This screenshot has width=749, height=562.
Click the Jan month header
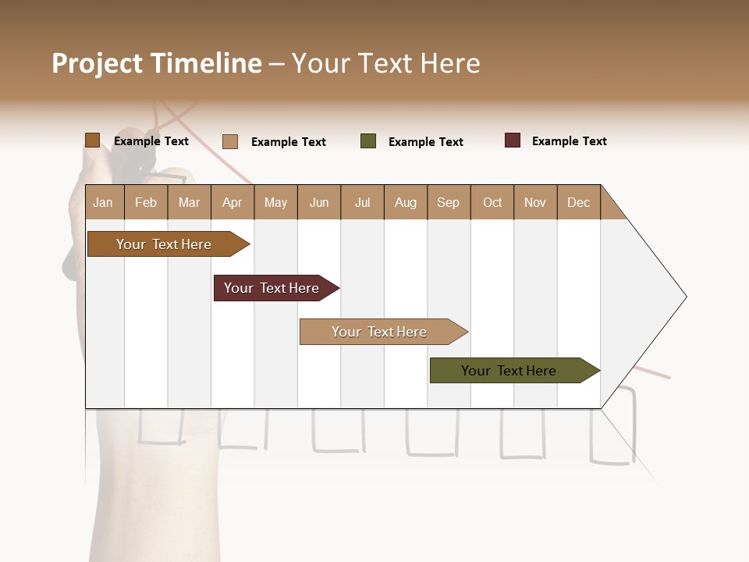(x=103, y=202)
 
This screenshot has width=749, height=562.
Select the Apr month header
(x=232, y=202)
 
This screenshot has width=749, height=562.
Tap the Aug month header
(x=405, y=202)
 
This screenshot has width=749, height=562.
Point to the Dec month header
(x=578, y=202)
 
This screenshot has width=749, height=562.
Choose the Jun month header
(x=318, y=202)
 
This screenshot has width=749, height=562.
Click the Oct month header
(x=492, y=202)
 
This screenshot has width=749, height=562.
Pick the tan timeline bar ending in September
(x=379, y=332)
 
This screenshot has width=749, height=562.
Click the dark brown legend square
(x=92, y=140)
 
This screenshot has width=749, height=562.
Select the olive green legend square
(x=368, y=141)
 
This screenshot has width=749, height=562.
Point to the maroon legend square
(x=512, y=140)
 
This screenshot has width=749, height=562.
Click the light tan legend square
(x=230, y=141)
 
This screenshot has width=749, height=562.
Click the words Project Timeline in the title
(x=156, y=63)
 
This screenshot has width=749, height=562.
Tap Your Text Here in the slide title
(x=385, y=63)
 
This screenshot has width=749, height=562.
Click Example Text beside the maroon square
(x=569, y=141)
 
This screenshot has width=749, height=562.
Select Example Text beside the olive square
(x=425, y=142)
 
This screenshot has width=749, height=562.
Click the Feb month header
(x=146, y=202)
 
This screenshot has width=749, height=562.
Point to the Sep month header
(x=448, y=202)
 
